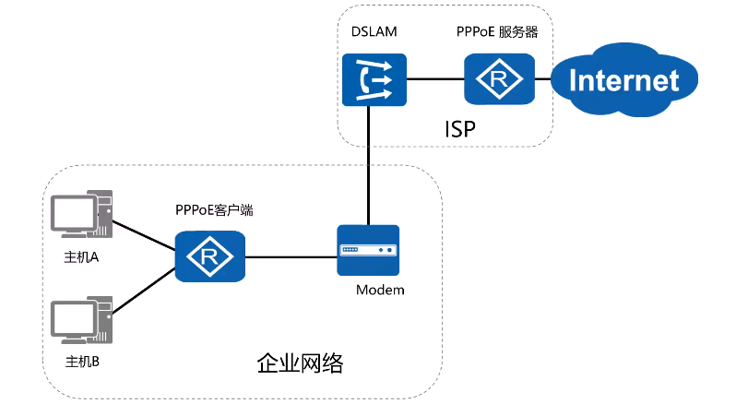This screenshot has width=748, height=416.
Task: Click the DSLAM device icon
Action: click(x=374, y=79)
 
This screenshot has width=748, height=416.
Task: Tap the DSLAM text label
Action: click(x=374, y=31)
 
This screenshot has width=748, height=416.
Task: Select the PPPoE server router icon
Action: click(x=500, y=79)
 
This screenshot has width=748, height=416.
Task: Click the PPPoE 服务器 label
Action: click(x=497, y=31)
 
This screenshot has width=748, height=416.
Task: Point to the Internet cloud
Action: click(x=624, y=79)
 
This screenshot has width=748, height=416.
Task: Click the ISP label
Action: click(x=460, y=129)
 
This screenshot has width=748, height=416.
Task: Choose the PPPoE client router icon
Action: click(x=210, y=256)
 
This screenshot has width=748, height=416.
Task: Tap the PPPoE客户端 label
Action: click(x=214, y=210)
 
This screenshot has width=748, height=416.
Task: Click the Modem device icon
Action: click(x=368, y=251)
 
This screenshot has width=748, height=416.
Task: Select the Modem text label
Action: click(x=380, y=290)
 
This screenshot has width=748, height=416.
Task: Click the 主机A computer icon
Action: click(x=81, y=214)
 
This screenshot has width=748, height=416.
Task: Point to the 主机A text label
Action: click(x=81, y=257)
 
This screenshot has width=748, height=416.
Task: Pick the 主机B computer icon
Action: click(x=81, y=320)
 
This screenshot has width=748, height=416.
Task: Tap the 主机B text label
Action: click(x=82, y=362)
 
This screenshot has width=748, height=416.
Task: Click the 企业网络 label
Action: click(x=300, y=363)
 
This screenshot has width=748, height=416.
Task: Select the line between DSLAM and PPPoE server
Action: click(x=435, y=79)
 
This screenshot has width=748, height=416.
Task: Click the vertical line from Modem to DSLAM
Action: click(x=369, y=165)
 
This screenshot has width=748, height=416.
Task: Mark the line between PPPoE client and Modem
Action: click(x=291, y=257)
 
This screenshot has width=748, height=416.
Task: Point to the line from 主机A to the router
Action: click(x=144, y=235)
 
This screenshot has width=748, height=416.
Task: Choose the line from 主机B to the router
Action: click(x=144, y=291)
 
